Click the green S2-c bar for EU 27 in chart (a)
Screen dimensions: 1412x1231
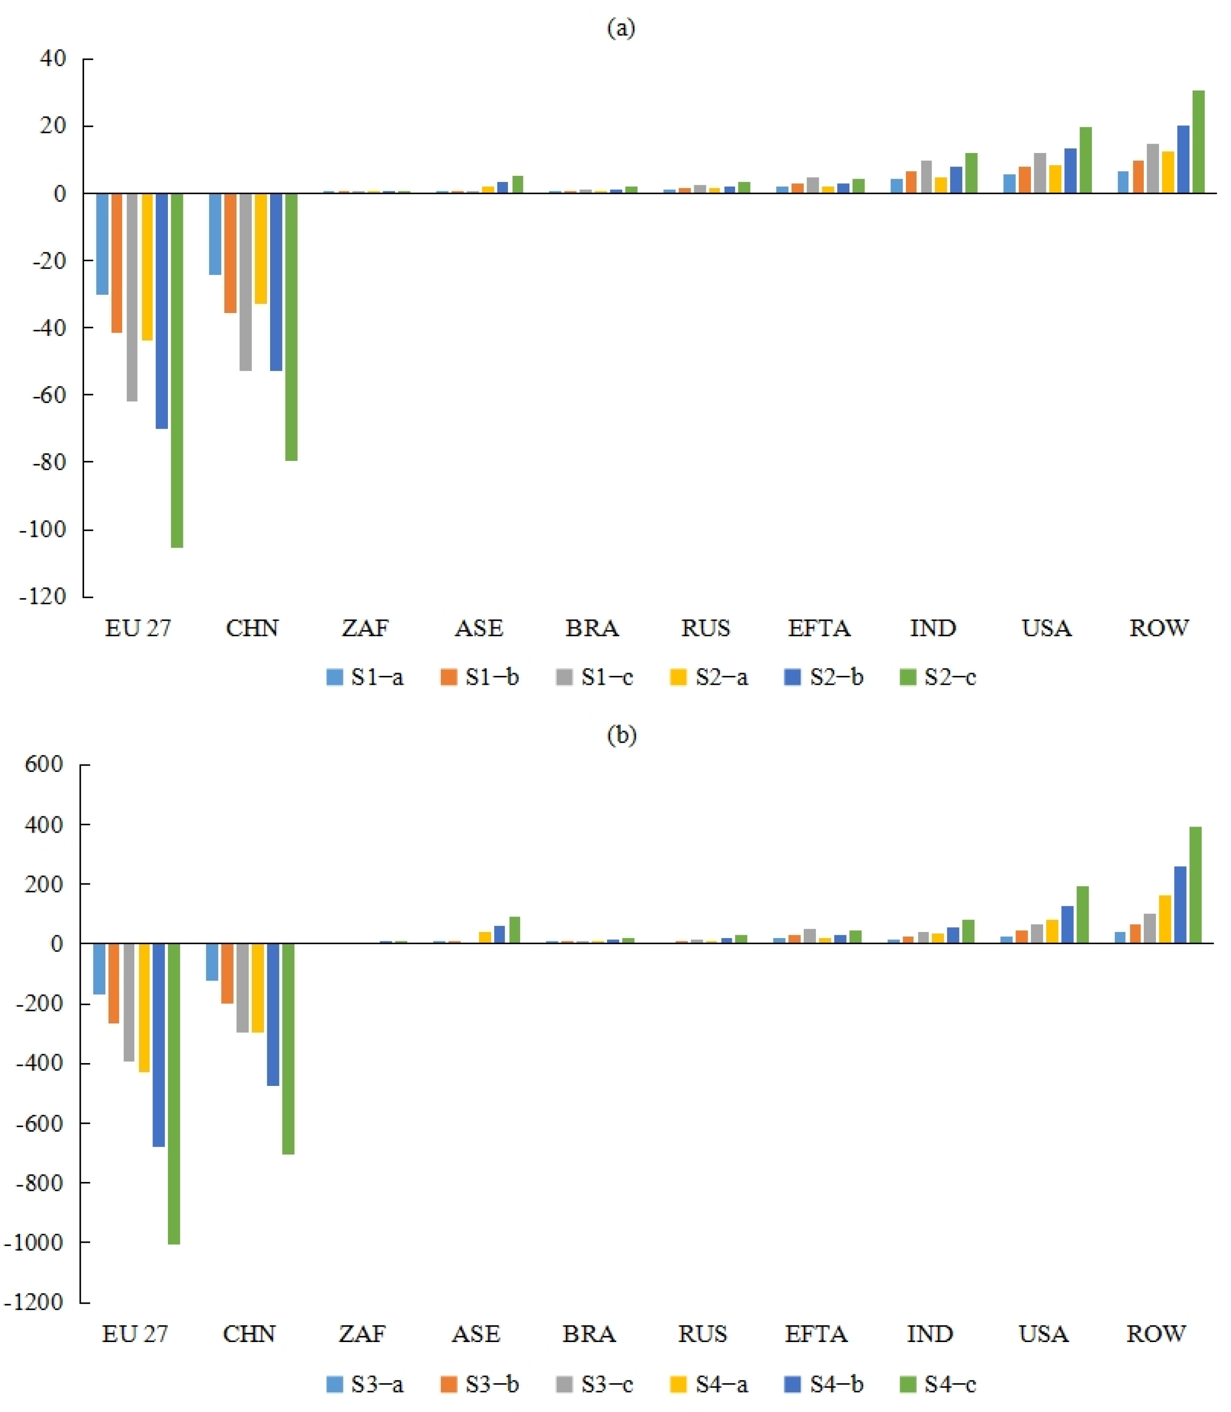tap(176, 370)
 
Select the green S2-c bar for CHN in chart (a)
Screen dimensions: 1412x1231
tap(291, 327)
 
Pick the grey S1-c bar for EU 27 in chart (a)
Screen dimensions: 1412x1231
tap(131, 297)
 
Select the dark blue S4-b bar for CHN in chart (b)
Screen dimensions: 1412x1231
tap(273, 1015)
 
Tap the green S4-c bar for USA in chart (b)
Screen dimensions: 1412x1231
tap(1082, 915)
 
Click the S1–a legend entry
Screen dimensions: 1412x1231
tap(365, 678)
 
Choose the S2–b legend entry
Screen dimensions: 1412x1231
tap(824, 678)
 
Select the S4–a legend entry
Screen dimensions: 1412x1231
tap(709, 1384)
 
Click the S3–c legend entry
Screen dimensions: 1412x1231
tap(594, 1384)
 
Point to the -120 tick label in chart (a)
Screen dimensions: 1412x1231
tap(42, 596)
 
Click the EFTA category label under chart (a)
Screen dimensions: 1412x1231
tap(819, 628)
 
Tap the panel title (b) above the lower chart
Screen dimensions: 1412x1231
tap(622, 735)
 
